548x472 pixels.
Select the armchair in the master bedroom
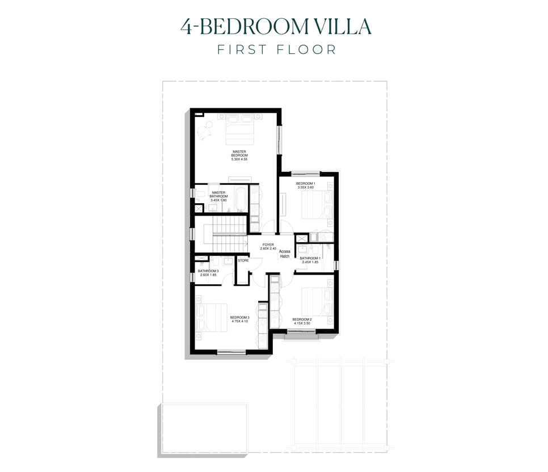[x=205, y=132]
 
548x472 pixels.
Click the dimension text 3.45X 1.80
[x=218, y=200]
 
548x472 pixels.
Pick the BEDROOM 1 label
[x=306, y=184]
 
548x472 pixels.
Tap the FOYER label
[x=268, y=245]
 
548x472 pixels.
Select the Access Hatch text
[x=285, y=254]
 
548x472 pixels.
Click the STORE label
[x=243, y=261]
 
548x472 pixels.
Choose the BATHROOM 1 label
[x=310, y=258]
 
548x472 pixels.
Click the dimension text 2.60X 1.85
[x=208, y=275]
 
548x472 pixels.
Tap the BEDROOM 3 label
[x=240, y=317]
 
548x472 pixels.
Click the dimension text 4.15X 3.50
[x=302, y=323]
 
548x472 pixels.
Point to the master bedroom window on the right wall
[x=279, y=140]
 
